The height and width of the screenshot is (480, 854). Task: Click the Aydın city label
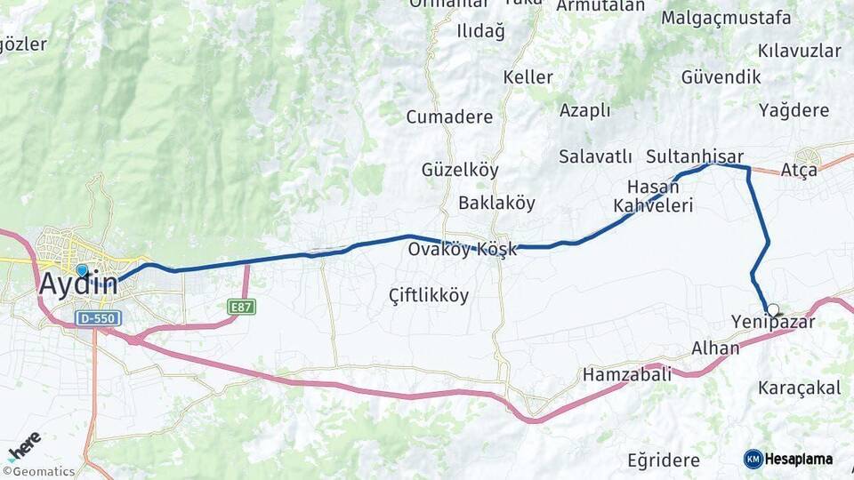[x=78, y=284]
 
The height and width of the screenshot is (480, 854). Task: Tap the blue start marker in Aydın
[x=82, y=269]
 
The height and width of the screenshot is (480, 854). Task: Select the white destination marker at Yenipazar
[x=773, y=310]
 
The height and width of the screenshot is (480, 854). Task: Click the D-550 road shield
[x=98, y=318]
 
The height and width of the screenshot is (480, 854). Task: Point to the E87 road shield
[x=239, y=308]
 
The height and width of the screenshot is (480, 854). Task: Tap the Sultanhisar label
[x=694, y=156]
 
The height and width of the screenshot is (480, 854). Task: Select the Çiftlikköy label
[x=429, y=295]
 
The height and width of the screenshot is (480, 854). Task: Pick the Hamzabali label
[x=627, y=375]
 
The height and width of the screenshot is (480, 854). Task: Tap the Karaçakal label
[x=800, y=388]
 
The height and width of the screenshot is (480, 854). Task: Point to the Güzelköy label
[x=460, y=170]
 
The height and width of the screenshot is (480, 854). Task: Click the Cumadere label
[x=449, y=117]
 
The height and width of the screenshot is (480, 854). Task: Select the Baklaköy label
[x=496, y=203]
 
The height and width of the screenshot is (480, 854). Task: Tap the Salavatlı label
[x=595, y=156]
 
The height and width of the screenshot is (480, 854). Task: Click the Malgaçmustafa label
[x=726, y=18]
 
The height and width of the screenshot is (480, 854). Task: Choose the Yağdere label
[x=794, y=110]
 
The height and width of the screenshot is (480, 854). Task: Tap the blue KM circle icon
[x=753, y=459]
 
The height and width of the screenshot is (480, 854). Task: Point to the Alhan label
[x=715, y=348]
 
